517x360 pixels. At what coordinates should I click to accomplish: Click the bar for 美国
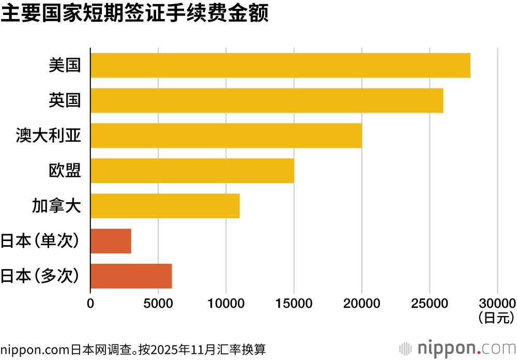pos(280,65)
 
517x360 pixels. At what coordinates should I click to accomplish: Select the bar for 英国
pos(267,100)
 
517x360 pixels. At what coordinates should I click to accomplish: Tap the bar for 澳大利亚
pos(226,136)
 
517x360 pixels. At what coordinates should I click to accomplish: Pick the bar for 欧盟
pos(192,171)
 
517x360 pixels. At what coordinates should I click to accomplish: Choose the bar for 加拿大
pos(165,206)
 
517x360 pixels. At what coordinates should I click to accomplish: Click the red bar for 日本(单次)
pos(111,241)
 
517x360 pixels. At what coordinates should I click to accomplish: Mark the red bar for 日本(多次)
pos(131,276)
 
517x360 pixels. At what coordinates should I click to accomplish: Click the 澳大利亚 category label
pos(50,136)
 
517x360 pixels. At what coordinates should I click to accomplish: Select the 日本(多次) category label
pos(41,276)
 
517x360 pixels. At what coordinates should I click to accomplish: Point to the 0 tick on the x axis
pos(90,303)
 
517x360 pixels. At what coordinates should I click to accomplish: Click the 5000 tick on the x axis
pos(158,303)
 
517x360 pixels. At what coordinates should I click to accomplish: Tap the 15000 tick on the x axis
pos(294,303)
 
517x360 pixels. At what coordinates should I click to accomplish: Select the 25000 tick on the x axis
pos(430,303)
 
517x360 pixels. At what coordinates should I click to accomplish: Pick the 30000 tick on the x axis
pos(497,303)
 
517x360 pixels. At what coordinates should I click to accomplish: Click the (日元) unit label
pos(497,316)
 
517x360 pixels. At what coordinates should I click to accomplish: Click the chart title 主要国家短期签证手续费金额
pos(134,14)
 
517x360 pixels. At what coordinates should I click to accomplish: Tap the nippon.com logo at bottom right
pos(458,348)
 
